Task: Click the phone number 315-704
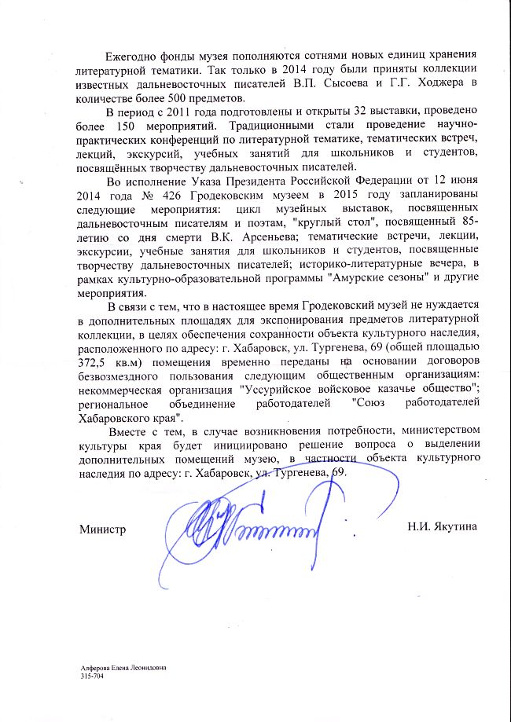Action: pyautogui.click(x=91, y=675)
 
